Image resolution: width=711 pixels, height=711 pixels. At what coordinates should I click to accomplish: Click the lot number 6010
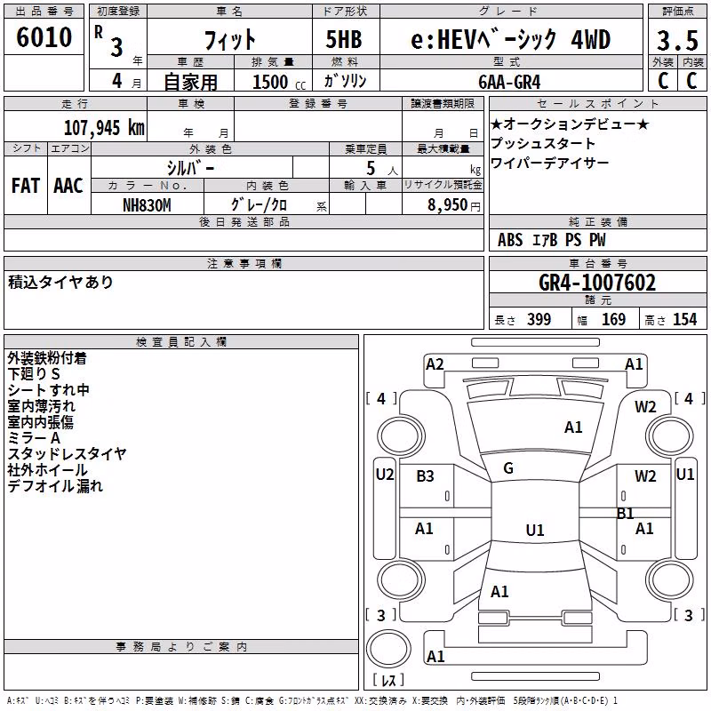[44, 37]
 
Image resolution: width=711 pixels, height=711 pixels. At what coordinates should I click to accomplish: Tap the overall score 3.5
[677, 40]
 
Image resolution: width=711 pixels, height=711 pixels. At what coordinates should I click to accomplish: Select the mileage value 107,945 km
[104, 128]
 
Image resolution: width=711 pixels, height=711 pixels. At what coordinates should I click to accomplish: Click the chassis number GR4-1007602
[597, 283]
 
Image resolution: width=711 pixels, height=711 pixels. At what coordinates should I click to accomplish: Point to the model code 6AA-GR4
[509, 82]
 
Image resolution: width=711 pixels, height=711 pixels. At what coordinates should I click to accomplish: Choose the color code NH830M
[147, 205]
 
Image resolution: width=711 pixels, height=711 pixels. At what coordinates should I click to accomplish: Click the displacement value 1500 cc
[279, 82]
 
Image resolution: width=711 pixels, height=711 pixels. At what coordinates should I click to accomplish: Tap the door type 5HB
[344, 39]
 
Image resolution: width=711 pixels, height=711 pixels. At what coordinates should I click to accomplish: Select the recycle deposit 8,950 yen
[454, 205]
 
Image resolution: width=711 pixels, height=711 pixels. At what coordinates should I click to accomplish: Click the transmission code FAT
[26, 186]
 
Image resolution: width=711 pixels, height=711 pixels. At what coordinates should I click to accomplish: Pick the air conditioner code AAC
[68, 186]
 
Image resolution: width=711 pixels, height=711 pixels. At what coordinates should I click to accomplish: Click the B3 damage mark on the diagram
[425, 476]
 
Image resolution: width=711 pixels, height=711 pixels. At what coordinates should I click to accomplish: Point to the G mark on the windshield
[508, 468]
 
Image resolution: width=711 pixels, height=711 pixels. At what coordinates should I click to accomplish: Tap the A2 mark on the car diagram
[435, 364]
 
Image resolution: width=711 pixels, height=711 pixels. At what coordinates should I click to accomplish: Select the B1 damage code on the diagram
[626, 514]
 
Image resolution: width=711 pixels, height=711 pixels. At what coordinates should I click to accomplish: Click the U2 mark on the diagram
[385, 475]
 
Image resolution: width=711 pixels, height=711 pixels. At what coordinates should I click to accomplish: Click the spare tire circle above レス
[388, 649]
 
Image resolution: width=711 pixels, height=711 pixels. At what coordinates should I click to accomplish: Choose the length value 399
[539, 320]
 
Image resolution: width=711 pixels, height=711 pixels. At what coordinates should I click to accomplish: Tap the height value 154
[684, 320]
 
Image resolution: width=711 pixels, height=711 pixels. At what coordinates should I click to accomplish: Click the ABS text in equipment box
[510, 240]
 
